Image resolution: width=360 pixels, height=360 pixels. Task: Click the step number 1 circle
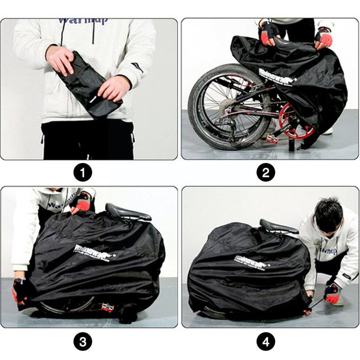(x=83, y=173)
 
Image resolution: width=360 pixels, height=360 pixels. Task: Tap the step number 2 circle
(x=266, y=173)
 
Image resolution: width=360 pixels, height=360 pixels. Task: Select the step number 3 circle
(x=83, y=341)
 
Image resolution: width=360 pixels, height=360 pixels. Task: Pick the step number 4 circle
(x=266, y=341)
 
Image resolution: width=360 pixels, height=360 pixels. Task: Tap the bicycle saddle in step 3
(x=127, y=213)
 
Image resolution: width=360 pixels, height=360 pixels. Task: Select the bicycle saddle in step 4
(x=278, y=227)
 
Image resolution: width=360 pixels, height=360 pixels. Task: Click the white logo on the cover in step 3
(x=94, y=252)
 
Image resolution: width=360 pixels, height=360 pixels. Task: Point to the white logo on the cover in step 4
(x=252, y=261)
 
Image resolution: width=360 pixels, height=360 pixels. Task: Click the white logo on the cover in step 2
(x=277, y=77)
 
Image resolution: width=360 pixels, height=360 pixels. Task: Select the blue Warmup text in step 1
(x=83, y=21)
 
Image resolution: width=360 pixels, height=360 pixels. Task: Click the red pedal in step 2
(x=272, y=138)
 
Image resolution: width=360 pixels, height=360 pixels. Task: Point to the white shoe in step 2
(x=328, y=131)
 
